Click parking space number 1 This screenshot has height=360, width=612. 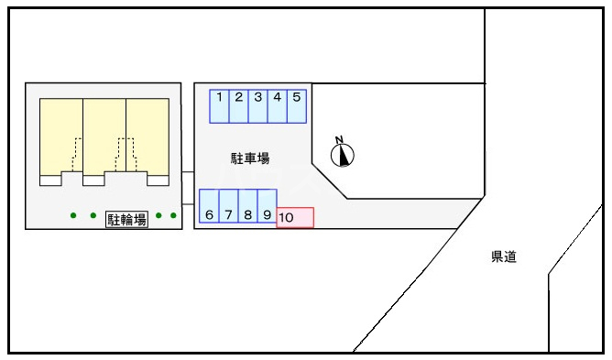click(220, 105)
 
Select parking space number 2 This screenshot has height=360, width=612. click(239, 105)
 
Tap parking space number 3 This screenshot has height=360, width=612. click(258, 105)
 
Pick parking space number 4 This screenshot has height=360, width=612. click(278, 105)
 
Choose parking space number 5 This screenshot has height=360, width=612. click(297, 105)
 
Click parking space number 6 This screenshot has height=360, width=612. click(209, 206)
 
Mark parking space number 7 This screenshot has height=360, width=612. click(228, 206)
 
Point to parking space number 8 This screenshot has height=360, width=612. click(247, 206)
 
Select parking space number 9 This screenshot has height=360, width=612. click(267, 206)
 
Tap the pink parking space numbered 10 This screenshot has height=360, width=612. click(295, 217)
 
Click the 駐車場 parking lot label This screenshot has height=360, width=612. click(249, 158)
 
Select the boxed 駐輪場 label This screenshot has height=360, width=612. click(127, 219)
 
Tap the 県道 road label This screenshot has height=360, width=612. click(503, 257)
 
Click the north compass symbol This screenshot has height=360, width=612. click(343, 154)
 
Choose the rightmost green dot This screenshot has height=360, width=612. click(173, 216)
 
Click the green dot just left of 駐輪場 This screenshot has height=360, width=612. click(93, 216)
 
